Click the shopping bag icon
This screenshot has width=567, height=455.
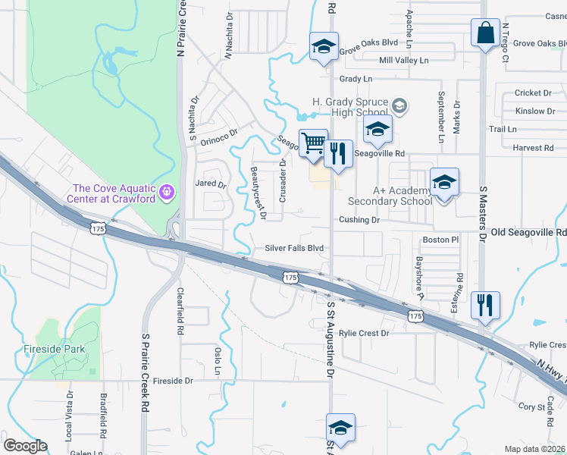pos(484,34)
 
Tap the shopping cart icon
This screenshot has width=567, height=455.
pos(313,143)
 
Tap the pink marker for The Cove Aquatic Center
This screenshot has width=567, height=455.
pos(168,193)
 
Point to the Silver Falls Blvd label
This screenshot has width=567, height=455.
pos(294,248)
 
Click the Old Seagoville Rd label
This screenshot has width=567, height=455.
pos(529,232)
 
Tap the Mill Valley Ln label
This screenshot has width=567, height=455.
pos(403,60)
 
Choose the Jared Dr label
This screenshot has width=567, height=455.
pos(211,184)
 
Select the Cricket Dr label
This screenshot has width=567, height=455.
pos(534,93)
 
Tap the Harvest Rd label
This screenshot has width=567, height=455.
pos(532,148)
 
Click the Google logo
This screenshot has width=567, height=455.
pos(25,446)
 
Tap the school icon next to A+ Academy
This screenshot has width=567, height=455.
pos(444,183)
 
